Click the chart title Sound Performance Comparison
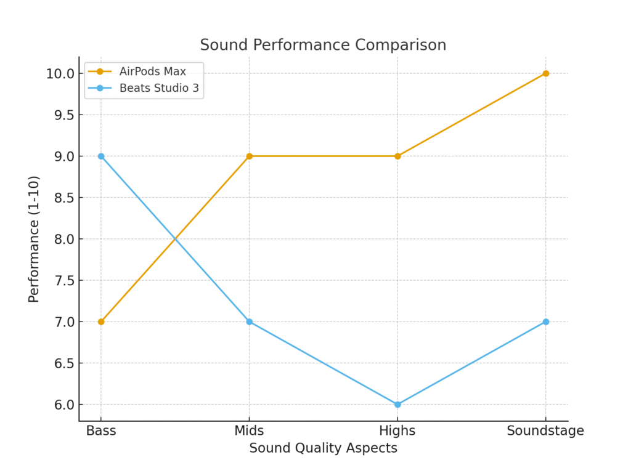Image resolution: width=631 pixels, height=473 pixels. pyautogui.click(x=323, y=45)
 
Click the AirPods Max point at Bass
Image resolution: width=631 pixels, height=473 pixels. pyautogui.click(x=101, y=321)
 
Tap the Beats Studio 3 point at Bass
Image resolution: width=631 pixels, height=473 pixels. pyautogui.click(x=101, y=156)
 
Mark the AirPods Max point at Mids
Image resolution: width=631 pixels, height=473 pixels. pyautogui.click(x=249, y=156)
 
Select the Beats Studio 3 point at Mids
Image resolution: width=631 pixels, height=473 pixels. pyautogui.click(x=249, y=321)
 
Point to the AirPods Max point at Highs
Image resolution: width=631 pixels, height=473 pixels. pyautogui.click(x=397, y=156)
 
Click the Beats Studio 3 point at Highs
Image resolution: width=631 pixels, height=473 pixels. pyautogui.click(x=397, y=405)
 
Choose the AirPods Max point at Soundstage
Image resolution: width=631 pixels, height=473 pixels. pyautogui.click(x=545, y=73)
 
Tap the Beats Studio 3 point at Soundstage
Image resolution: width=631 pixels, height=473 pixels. pyautogui.click(x=545, y=321)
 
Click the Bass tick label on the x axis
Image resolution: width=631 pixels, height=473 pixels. pyautogui.click(x=101, y=431)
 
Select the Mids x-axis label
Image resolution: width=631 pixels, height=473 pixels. pyautogui.click(x=249, y=431)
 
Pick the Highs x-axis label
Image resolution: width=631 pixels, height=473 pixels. pyautogui.click(x=397, y=431)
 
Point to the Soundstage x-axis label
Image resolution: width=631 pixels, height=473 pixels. pyautogui.click(x=545, y=431)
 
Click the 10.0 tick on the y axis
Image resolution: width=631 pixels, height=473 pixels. pyautogui.click(x=60, y=74)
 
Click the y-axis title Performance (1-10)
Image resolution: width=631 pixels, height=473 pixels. pyautogui.click(x=34, y=239)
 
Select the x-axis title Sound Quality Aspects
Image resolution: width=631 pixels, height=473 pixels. pyautogui.click(x=323, y=448)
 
